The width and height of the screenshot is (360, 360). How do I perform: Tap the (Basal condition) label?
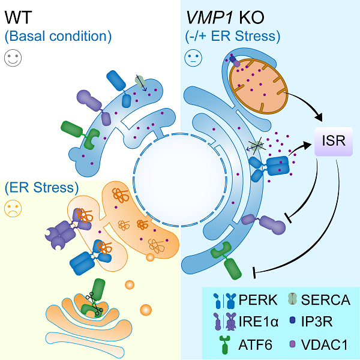click(x=58, y=36)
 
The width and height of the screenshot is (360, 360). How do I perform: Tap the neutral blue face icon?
click(x=192, y=58)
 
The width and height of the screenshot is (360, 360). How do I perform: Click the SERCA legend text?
click(x=327, y=299)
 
